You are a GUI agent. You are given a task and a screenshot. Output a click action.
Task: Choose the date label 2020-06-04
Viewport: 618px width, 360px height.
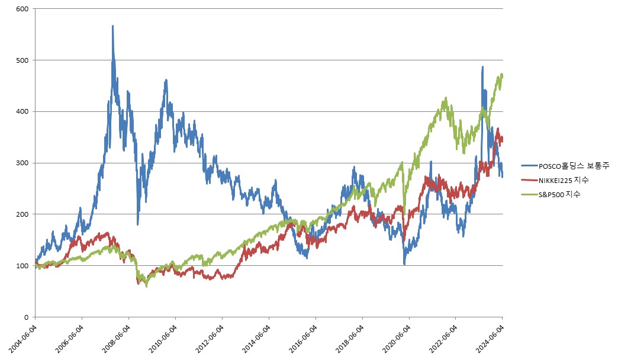pyautogui.click(x=397, y=337)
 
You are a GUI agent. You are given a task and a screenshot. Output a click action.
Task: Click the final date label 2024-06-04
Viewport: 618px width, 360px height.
pyautogui.click(x=490, y=337)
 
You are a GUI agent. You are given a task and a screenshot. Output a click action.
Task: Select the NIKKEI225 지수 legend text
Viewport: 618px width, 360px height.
pyautogui.click(x=562, y=179)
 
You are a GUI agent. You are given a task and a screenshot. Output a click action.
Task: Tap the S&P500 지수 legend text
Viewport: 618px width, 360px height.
pyautogui.click(x=559, y=194)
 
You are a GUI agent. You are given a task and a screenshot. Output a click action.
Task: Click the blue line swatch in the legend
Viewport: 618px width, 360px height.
pyautogui.click(x=528, y=166)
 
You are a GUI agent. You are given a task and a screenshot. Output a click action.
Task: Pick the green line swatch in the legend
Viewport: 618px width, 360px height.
pyautogui.click(x=528, y=194)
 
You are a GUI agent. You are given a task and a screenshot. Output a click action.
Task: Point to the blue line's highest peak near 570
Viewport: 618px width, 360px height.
pyautogui.click(x=112, y=26)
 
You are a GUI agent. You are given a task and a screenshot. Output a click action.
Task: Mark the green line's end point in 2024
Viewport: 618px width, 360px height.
pyautogui.click(x=503, y=75)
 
